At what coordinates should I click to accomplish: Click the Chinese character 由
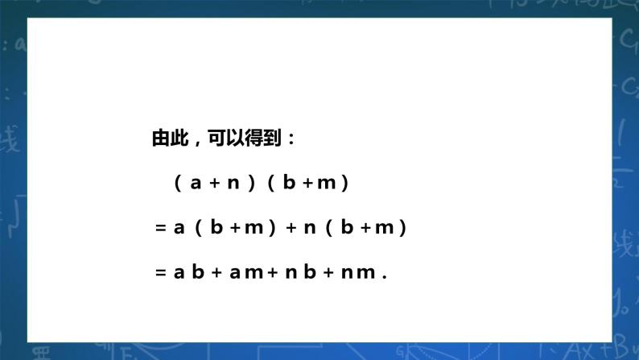161,138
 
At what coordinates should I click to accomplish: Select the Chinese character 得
254,138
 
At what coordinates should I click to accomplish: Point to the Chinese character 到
272,138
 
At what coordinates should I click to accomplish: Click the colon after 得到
291,139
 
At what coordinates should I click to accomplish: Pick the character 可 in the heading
216,138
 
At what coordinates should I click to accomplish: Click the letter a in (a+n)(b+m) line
196,184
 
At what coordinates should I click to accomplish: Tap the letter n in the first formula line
233,184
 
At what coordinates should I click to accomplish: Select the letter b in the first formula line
289,182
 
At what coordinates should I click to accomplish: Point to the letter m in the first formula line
327,184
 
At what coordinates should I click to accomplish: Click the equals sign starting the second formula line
161,228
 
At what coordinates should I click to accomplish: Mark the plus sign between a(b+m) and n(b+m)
291,228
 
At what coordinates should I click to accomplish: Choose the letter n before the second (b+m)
310,228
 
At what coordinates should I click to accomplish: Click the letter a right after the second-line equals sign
179,228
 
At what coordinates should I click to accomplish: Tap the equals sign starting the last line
161,273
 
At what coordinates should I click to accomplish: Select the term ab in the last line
189,271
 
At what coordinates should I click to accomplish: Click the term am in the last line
246,273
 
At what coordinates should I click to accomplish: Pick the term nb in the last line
301,271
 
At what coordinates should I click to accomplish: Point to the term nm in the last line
358,273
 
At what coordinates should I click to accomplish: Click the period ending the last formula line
385,277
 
